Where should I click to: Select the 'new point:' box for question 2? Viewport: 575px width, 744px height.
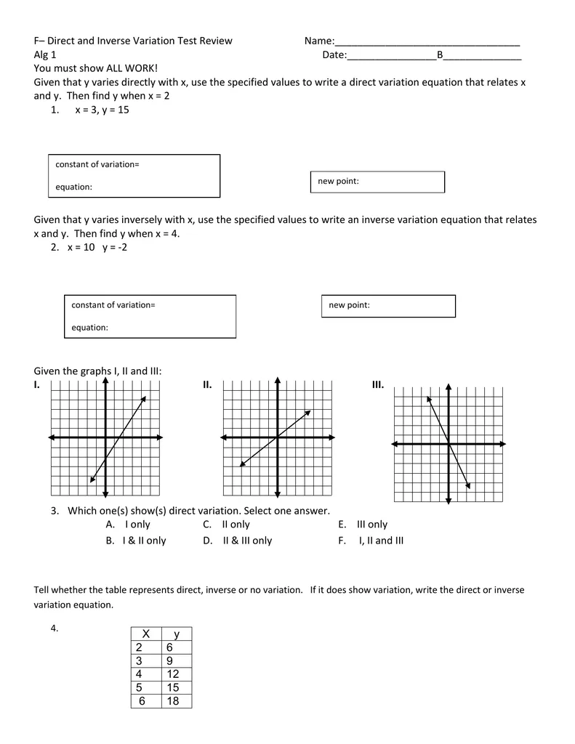pos(388,306)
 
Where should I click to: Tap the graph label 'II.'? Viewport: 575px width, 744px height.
pos(207,384)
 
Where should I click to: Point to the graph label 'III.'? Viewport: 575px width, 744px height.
pos(377,384)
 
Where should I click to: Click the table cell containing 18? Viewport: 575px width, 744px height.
pos(172,701)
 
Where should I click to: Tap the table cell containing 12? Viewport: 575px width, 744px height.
pos(172,674)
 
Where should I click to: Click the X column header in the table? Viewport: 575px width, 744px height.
pos(145,634)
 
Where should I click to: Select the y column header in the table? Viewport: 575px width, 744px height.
pos(176,634)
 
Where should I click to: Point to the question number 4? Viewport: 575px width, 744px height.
pos(55,628)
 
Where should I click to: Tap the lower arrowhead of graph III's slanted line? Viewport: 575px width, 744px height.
pos(468,486)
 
